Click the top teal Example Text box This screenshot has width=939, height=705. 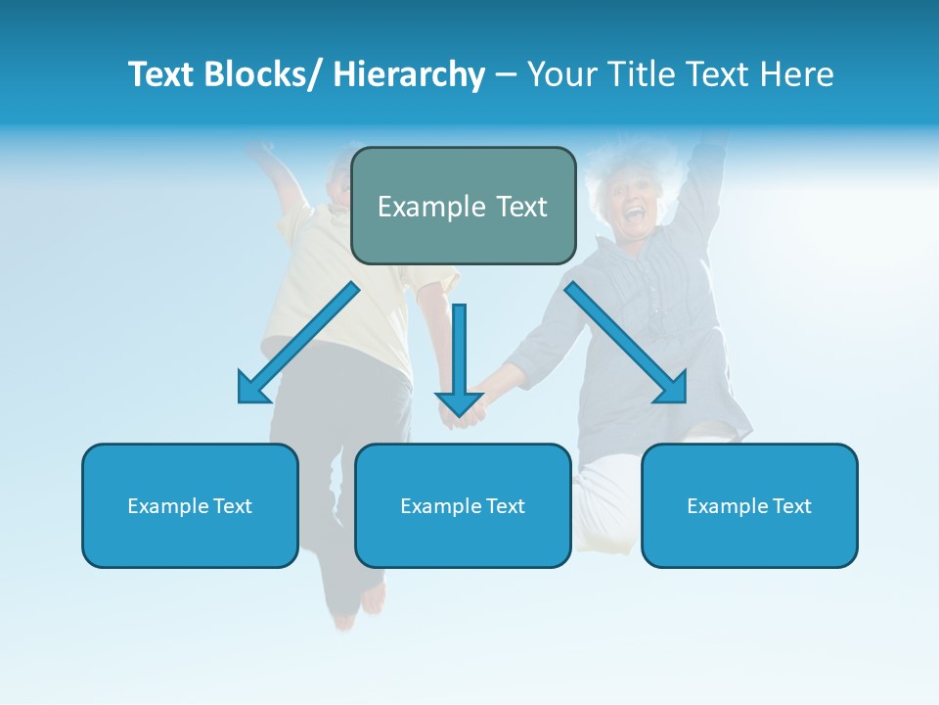click(x=463, y=206)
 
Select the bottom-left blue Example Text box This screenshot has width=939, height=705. click(x=190, y=505)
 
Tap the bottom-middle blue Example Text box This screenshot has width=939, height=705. click(x=463, y=505)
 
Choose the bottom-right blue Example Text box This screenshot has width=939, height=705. click(x=749, y=505)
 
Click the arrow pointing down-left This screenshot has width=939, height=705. click(x=298, y=343)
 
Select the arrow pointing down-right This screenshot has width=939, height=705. click(x=626, y=343)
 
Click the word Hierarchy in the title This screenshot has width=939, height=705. click(x=409, y=74)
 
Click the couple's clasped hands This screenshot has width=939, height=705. click(x=462, y=417)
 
